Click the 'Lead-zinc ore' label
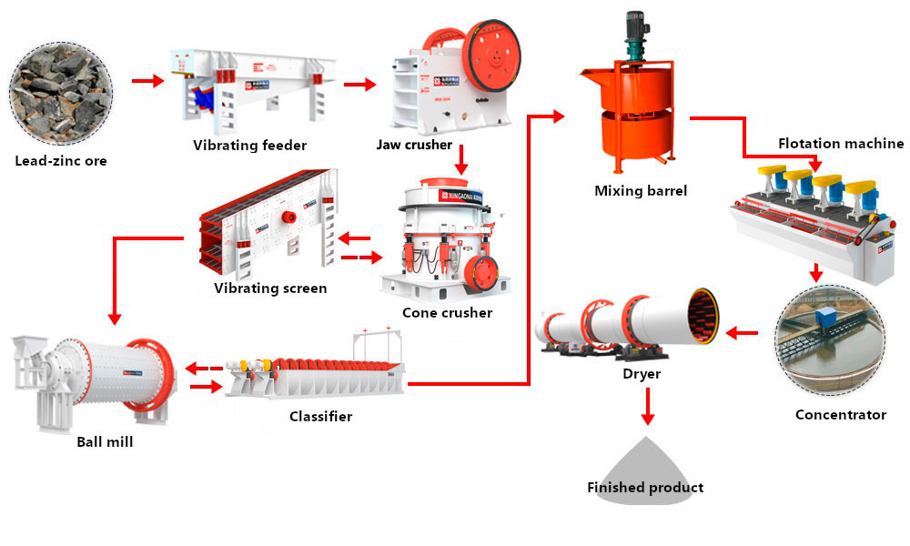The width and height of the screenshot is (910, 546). [x=61, y=161]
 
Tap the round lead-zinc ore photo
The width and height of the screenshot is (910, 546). [x=63, y=89]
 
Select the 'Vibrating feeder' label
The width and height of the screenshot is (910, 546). [x=250, y=145]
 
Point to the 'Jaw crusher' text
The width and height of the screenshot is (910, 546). [x=414, y=145]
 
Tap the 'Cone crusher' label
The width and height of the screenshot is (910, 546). [x=447, y=313]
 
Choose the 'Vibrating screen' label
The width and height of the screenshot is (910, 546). [x=270, y=288]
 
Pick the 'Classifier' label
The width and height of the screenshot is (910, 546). [x=320, y=417]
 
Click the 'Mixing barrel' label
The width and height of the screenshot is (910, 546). [x=641, y=191]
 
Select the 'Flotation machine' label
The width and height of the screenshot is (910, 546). [x=841, y=143]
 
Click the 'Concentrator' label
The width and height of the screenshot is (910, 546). [x=840, y=415]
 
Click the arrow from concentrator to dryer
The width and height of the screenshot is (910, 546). [x=743, y=334]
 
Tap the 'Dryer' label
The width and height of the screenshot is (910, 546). [x=642, y=373]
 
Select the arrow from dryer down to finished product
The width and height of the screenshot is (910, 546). [x=647, y=406]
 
